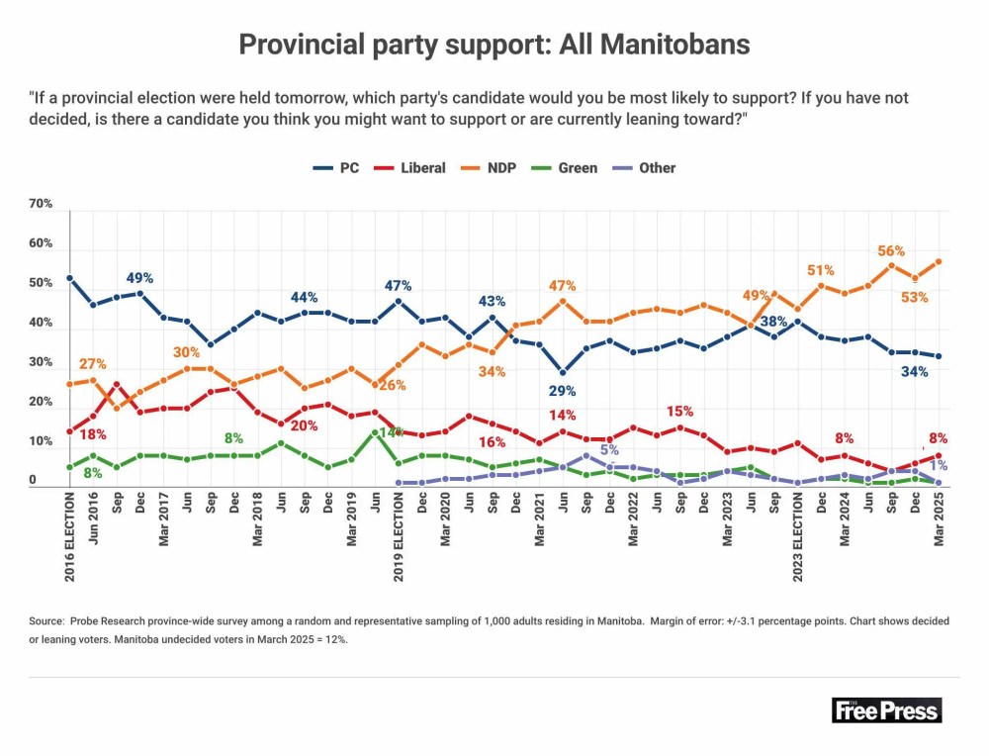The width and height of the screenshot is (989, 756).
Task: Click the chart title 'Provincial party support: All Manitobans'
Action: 494,45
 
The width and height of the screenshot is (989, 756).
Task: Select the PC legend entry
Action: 336,168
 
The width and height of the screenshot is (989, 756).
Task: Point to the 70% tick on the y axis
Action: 41,204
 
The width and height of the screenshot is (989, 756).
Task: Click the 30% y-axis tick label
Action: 41,362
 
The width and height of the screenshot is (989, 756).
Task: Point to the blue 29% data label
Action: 563,391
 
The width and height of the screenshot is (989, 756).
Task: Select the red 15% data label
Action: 680,411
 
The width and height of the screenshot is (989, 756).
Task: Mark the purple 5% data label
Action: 609,451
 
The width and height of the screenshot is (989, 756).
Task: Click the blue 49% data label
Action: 138,278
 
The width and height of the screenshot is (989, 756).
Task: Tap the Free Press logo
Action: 886,709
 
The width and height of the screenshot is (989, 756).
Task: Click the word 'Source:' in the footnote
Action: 46,621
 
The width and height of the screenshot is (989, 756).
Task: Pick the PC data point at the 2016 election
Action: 69,278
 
